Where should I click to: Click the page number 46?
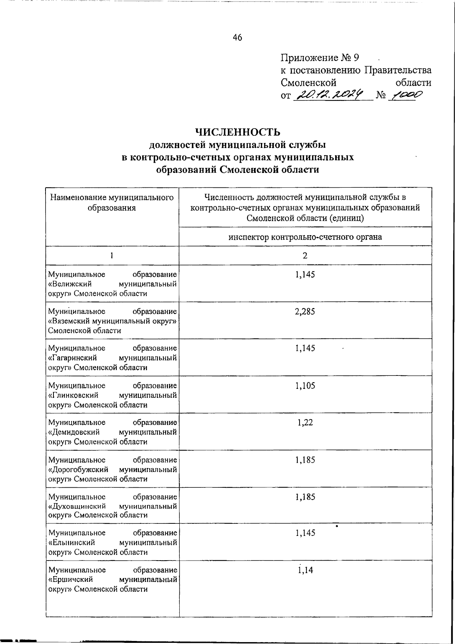(237, 37)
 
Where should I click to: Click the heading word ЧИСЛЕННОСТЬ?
(237, 132)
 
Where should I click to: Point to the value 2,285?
(305, 312)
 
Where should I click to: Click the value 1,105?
(305, 386)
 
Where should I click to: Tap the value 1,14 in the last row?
(305, 570)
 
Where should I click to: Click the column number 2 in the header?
(305, 256)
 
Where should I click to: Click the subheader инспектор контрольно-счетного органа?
(305, 237)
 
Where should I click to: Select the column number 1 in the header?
(111, 256)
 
